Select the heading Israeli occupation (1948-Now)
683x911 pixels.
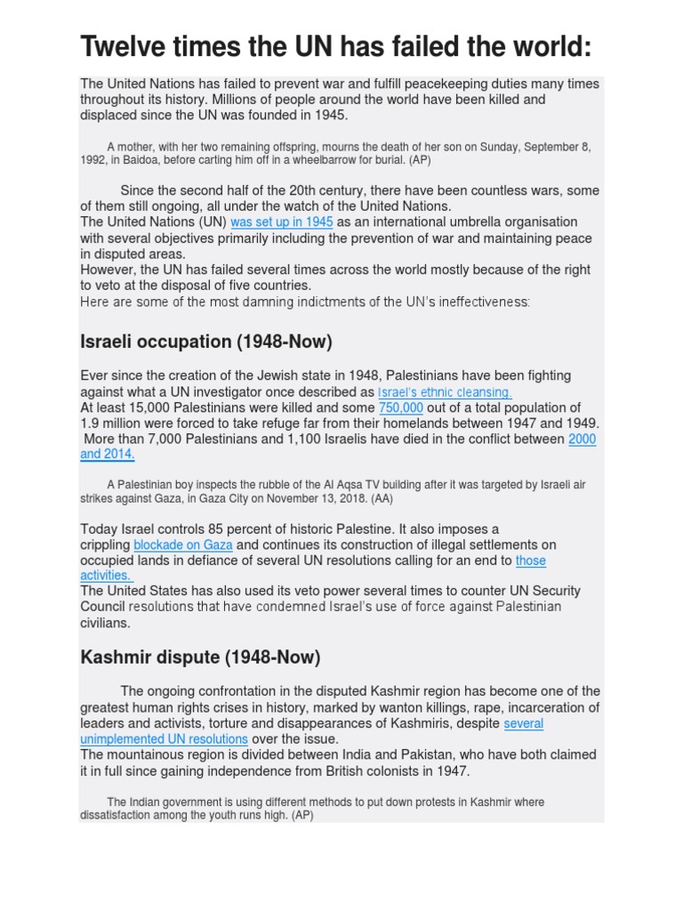pyautogui.click(x=207, y=342)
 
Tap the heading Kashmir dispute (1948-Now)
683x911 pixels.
pyautogui.click(x=200, y=657)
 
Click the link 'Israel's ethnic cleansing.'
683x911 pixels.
pyautogui.click(x=445, y=392)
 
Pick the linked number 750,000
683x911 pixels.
pyautogui.click(x=401, y=407)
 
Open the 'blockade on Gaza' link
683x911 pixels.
pyautogui.click(x=183, y=544)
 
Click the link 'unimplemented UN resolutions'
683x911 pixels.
pyautogui.click(x=164, y=738)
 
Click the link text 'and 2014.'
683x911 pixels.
pyautogui.click(x=108, y=455)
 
